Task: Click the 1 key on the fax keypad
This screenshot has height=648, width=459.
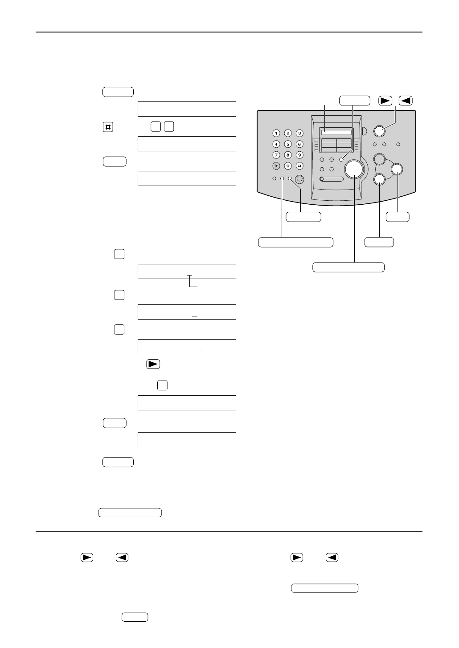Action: point(276,133)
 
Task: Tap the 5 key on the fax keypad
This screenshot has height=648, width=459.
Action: point(288,144)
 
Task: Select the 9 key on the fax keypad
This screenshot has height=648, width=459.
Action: point(299,155)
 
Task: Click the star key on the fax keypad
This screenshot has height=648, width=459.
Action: point(276,166)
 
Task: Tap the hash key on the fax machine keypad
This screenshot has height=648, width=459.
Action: point(299,166)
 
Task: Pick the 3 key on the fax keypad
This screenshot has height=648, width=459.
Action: point(299,133)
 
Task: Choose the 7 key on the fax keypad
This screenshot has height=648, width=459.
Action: point(276,155)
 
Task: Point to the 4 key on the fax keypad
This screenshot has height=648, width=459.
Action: point(276,144)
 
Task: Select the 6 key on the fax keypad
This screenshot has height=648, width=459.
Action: point(299,144)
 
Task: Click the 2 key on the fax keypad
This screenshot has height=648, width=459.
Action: point(288,133)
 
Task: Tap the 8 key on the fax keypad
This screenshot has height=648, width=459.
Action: point(288,155)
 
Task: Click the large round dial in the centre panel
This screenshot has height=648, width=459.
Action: point(354,169)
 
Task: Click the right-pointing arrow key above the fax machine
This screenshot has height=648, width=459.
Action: point(385,101)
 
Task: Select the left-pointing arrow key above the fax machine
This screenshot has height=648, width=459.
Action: point(406,101)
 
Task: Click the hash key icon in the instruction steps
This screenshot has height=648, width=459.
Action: point(107,127)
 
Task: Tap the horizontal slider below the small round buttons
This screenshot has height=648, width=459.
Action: point(332,179)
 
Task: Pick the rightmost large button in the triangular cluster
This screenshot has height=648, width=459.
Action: point(397,169)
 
